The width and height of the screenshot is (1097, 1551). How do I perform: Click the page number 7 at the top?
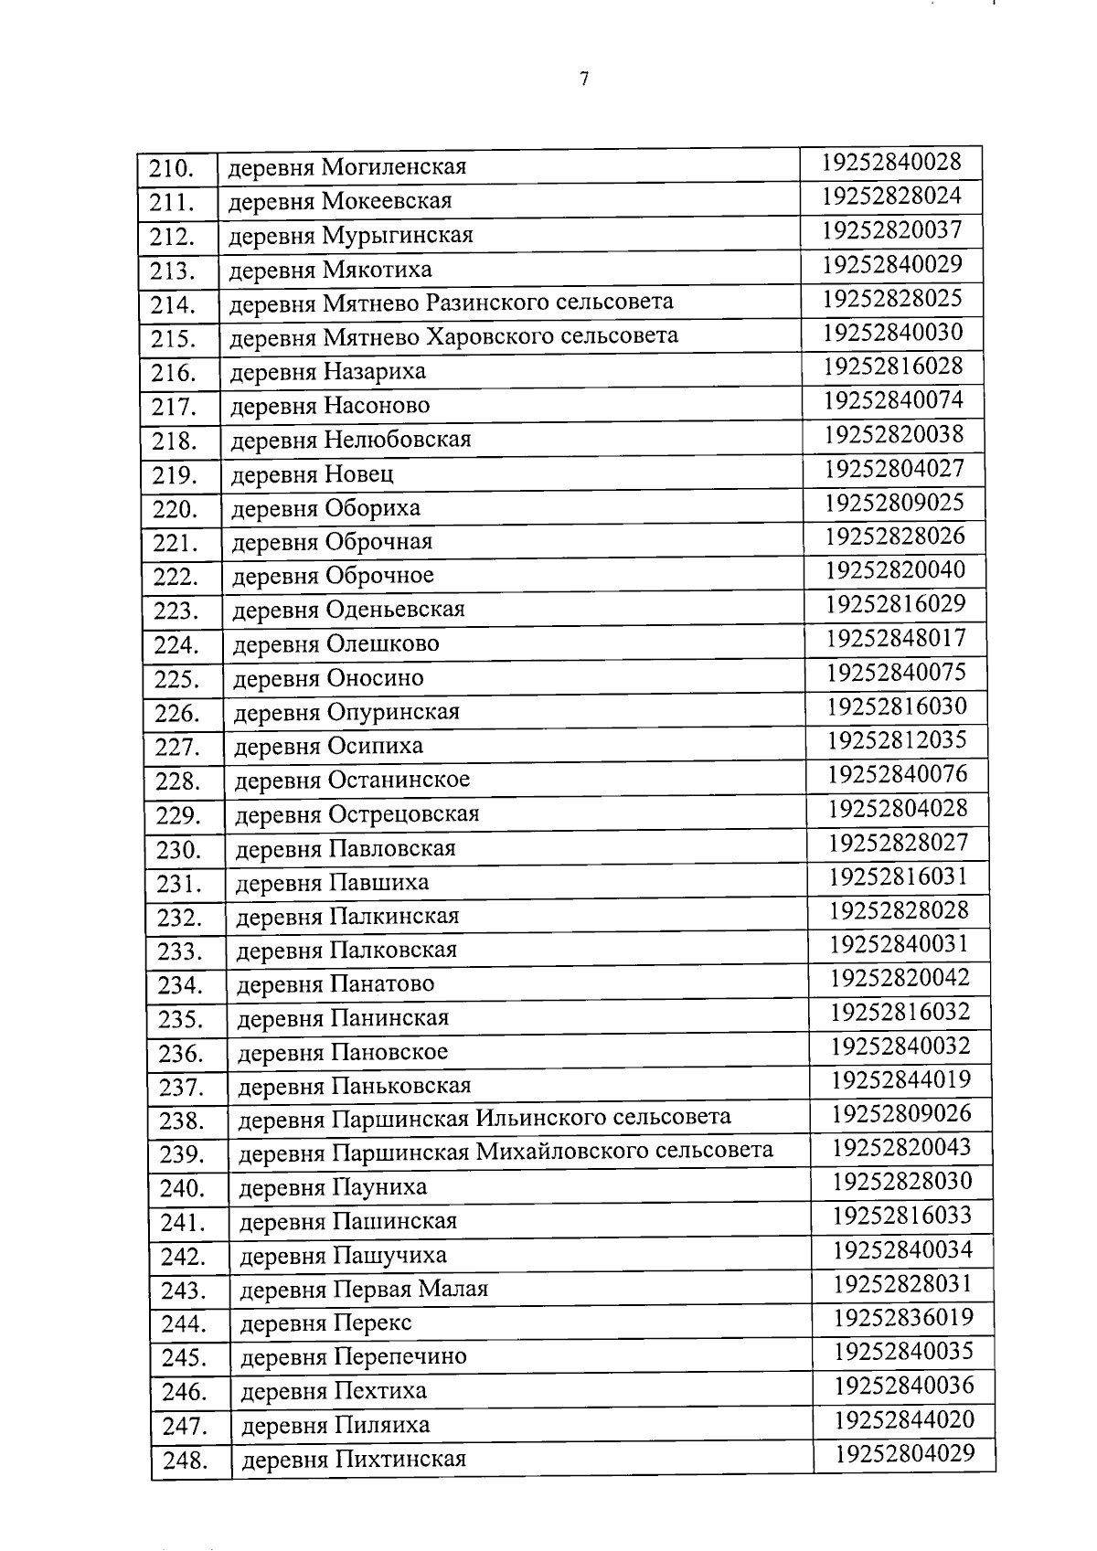click(x=583, y=79)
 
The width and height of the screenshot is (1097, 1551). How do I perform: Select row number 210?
click(x=173, y=169)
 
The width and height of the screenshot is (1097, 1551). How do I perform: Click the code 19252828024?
click(x=891, y=197)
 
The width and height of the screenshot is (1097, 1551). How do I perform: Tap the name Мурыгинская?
click(x=398, y=236)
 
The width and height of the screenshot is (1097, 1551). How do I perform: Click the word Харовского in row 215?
click(x=490, y=336)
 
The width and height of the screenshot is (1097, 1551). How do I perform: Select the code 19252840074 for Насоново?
click(x=893, y=400)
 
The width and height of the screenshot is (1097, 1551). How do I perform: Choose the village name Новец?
click(x=358, y=474)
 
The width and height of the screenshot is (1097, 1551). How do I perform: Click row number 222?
click(x=176, y=578)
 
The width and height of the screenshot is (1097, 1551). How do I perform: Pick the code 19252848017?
click(x=896, y=638)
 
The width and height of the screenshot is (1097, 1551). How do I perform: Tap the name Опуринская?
click(x=393, y=712)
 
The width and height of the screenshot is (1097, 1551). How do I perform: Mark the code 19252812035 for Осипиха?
click(x=897, y=739)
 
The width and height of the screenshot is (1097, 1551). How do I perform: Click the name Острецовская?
click(x=403, y=814)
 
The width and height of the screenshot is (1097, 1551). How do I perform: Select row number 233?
click(x=180, y=952)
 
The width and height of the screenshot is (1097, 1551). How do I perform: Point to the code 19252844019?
click(x=900, y=1080)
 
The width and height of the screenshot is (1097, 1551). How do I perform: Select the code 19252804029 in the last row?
click(x=905, y=1453)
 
